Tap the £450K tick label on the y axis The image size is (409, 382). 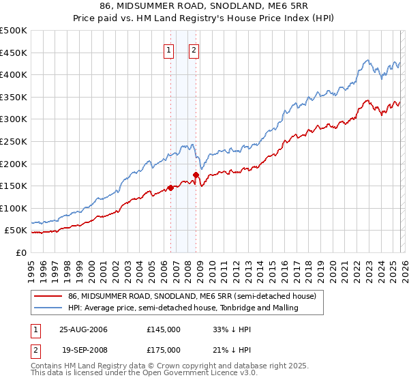coord(13,53)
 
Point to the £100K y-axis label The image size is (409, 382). coord(13,208)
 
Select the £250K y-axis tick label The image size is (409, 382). coord(13,141)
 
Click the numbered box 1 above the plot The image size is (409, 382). coord(168,49)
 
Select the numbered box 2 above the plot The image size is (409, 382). coord(194,49)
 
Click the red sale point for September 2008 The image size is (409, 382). coord(196,175)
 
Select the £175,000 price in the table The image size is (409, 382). coord(163,349)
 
